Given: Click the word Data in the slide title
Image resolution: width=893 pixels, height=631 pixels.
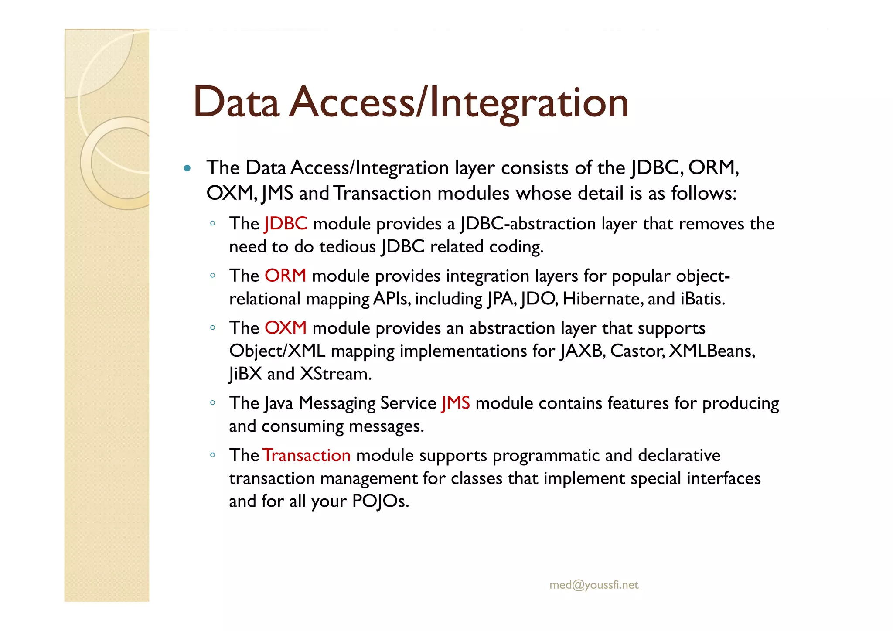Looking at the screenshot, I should (236, 102).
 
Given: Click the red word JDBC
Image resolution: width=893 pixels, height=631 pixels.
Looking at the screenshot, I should (286, 224).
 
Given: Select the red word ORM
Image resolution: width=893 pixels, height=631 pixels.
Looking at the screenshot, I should (285, 276).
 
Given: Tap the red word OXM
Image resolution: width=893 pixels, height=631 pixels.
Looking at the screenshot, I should (286, 328).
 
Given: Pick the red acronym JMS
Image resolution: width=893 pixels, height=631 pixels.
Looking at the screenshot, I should (456, 403).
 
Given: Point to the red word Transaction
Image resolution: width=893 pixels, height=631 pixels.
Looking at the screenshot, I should (307, 455).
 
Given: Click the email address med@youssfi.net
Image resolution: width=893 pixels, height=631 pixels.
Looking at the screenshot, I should (594, 585).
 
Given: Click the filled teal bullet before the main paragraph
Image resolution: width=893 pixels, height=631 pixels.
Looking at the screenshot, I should (187, 168).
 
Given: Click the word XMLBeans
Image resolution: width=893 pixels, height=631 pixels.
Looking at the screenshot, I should (712, 351).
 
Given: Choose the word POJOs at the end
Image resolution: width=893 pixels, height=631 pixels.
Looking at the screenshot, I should (380, 501).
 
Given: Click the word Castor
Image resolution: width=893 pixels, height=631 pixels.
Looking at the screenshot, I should (637, 351).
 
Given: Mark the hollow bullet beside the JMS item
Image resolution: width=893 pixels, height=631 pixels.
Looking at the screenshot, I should (212, 402).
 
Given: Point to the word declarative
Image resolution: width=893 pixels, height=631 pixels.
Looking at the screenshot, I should (679, 455).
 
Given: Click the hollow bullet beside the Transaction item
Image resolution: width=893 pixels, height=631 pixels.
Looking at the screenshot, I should (212, 455).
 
